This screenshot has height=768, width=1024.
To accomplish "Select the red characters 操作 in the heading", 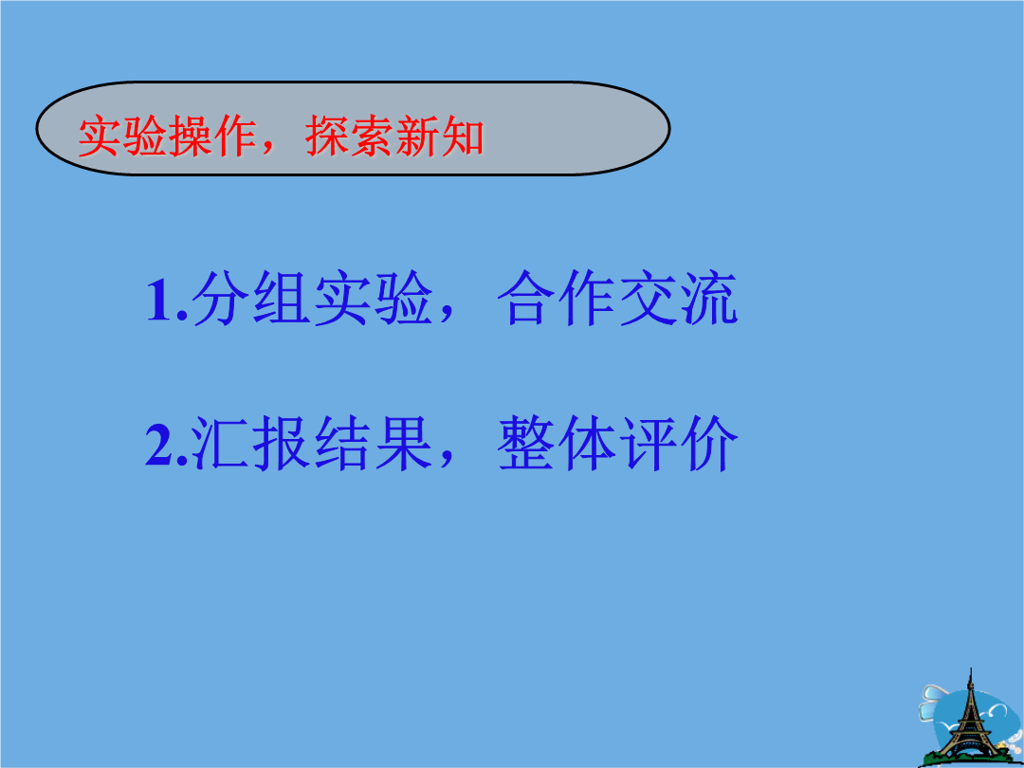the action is tap(212, 137).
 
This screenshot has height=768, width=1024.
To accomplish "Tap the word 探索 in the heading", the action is tap(349, 137).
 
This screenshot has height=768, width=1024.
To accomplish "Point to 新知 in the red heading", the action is tap(439, 137).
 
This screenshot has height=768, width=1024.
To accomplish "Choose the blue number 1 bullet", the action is tap(160, 301).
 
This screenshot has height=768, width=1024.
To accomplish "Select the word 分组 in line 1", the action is tap(250, 298).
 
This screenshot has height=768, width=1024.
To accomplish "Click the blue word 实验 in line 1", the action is tap(373, 298).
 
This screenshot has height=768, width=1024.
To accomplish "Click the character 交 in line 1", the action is tap(647, 298).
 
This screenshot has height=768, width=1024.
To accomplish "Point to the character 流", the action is tap(708, 298).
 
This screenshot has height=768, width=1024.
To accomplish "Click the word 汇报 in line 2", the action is tap(250, 443).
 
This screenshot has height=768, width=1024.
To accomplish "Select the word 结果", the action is tap(373, 443).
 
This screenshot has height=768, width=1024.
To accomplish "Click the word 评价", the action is tap(678, 443).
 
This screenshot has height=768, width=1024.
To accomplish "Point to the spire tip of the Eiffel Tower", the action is tap(971, 668).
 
